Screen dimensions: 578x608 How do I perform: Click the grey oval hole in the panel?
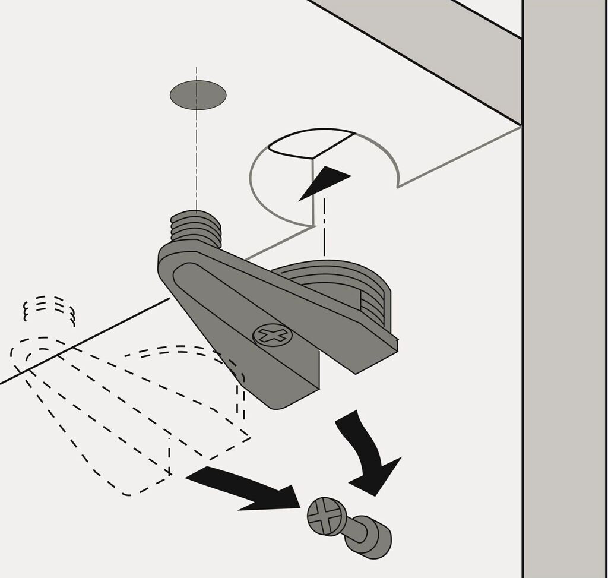[198, 95]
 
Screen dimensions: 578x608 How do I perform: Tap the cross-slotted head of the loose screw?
[326, 516]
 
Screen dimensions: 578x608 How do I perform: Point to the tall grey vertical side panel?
[564, 297]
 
